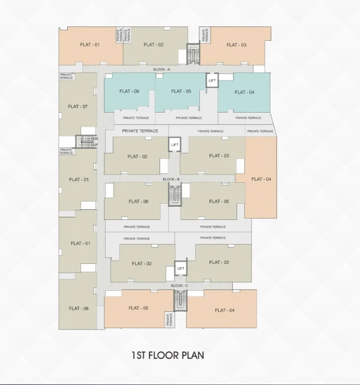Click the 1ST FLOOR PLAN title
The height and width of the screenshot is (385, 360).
pyautogui.click(x=168, y=355)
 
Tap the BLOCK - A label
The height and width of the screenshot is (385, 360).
pyautogui.click(x=162, y=69)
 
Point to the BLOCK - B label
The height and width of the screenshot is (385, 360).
pyautogui.click(x=171, y=179)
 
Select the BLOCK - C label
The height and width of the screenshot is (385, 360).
pyautogui.click(x=179, y=286)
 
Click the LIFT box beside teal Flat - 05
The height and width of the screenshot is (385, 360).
pyautogui.click(x=212, y=80)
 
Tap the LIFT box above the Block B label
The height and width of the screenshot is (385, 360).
pyautogui.click(x=174, y=145)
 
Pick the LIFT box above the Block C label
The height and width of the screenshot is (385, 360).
pyautogui.click(x=181, y=268)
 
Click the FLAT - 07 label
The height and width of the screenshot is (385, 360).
pyautogui.click(x=78, y=106)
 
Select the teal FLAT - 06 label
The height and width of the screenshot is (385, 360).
pyautogui.click(x=130, y=91)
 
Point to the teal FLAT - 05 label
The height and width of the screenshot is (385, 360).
pyautogui.click(x=181, y=91)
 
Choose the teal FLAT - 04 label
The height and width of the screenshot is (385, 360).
pyautogui.click(x=244, y=92)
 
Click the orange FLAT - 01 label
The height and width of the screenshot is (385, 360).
pyautogui.click(x=90, y=45)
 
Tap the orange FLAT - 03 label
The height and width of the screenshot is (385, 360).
pyautogui.click(x=236, y=45)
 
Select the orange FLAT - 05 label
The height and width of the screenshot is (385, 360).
pyautogui.click(x=139, y=308)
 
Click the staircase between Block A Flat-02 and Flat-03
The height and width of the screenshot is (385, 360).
pyautogui.click(x=193, y=54)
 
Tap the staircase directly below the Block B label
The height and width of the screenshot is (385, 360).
pyautogui.click(x=175, y=196)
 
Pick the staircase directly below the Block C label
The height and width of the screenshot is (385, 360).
pyautogui.click(x=181, y=301)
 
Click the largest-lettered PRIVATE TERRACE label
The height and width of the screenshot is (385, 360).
pyautogui.click(x=140, y=131)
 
